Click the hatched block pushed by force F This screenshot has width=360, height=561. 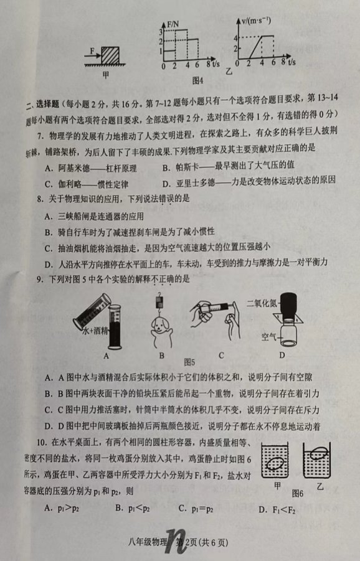(x=110, y=55)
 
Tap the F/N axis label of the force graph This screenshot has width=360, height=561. (x=173, y=24)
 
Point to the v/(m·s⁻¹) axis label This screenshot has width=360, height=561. (x=256, y=21)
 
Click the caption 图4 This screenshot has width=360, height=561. (x=197, y=80)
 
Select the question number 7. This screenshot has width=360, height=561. (x=40, y=136)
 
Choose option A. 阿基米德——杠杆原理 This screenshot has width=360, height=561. (x=91, y=167)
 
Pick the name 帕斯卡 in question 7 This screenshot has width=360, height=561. (x=187, y=167)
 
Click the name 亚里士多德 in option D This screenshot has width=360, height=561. (x=196, y=183)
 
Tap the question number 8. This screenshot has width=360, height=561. (x=40, y=199)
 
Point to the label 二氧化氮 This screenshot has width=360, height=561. (x=262, y=303)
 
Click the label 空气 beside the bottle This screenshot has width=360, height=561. (x=268, y=336)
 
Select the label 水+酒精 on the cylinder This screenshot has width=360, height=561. (x=95, y=330)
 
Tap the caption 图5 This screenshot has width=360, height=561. (x=189, y=362)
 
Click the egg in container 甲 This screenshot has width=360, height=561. (x=275, y=464)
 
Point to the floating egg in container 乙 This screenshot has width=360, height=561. (x=318, y=453)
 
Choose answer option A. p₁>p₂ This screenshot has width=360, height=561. (x=62, y=508)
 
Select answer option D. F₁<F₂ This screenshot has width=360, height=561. (x=277, y=509)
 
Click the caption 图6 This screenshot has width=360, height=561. (x=297, y=494)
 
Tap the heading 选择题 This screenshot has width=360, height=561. (x=47, y=104)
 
